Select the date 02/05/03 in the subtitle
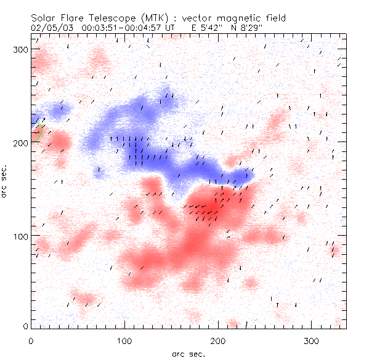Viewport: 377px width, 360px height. click(x=49, y=28)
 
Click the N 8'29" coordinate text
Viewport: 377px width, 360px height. click(x=251, y=28)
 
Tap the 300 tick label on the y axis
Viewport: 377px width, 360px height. click(x=20, y=49)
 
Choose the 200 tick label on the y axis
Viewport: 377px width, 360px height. click(x=20, y=143)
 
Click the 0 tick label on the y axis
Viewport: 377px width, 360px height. click(x=25, y=326)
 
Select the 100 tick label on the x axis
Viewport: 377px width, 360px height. click(x=124, y=340)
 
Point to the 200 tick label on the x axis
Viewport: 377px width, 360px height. click(x=218, y=340)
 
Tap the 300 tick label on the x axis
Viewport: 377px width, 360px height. click(x=312, y=340)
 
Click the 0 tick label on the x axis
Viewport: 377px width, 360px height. click(x=31, y=340)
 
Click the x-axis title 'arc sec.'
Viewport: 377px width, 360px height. click(x=187, y=353)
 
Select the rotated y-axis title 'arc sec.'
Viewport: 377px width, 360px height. click(x=5, y=182)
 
